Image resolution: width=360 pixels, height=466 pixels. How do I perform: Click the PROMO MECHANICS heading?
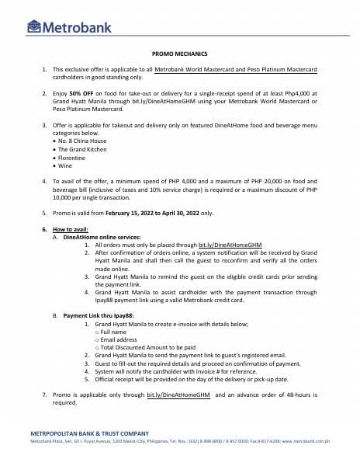[179, 54]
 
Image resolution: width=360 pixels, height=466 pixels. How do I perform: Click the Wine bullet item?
[70, 165]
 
